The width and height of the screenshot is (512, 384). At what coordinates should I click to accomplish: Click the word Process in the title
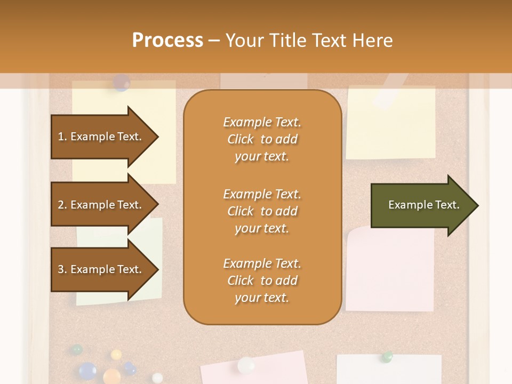[x=167, y=41]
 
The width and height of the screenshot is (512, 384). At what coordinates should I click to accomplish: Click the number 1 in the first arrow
[x=60, y=137]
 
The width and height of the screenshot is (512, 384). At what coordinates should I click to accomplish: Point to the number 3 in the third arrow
[x=61, y=269]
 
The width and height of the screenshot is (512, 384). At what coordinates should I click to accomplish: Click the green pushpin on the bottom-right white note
[x=388, y=356]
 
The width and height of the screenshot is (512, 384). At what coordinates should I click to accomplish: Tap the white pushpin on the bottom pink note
[x=246, y=365]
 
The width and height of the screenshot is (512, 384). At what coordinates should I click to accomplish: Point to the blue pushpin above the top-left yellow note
[x=122, y=82]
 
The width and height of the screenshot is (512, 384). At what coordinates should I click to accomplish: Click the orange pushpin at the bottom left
[x=111, y=375]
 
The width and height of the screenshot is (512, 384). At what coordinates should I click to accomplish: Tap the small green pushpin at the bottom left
[x=77, y=349]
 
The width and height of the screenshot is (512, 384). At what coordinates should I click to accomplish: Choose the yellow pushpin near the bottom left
[x=116, y=354]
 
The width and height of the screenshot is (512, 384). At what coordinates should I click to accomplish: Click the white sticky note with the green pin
[x=389, y=371]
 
